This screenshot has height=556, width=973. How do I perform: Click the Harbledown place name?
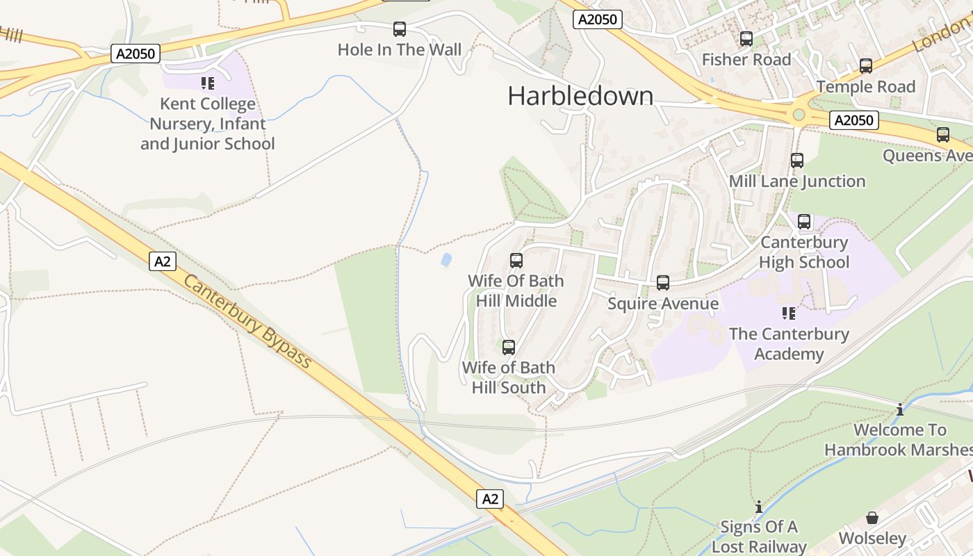coord(580,96)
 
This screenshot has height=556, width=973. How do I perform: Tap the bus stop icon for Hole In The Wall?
coord(400,29)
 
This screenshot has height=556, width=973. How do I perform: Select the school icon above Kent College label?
coord(208,83)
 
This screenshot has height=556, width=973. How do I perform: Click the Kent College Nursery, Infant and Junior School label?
coord(208,124)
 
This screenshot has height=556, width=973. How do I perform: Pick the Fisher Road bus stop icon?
coord(746,39)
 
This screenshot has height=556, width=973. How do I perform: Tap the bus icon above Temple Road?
coord(866,66)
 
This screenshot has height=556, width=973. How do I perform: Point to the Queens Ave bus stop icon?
coord(943,135)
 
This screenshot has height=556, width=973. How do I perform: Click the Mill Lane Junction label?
coord(797,181)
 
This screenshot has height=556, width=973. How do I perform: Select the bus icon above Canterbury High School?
coord(804,222)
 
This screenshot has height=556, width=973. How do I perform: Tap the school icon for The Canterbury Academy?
coord(789,313)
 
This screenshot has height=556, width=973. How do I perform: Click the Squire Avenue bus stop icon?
coord(663,283)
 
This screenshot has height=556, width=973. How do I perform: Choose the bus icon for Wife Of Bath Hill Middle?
coord(516,261)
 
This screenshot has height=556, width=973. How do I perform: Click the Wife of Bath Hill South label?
coord(509,377)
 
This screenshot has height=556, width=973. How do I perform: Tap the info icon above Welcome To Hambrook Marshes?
coord(900,409)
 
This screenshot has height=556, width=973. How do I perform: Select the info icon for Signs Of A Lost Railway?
coord(759,507)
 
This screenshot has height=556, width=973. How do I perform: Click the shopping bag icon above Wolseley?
coord(872,518)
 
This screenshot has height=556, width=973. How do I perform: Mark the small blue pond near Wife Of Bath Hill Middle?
coord(446,260)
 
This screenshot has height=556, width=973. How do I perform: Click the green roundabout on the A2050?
coord(799,114)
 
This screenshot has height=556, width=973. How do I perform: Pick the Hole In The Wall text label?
coord(400,49)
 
